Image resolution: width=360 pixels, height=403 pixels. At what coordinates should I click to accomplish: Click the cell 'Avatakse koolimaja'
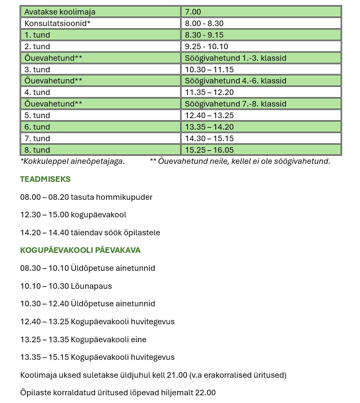[60, 12]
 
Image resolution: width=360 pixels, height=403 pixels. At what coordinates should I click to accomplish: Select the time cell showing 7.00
[193, 12]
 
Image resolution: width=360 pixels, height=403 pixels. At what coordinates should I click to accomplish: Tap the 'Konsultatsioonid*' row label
[57, 24]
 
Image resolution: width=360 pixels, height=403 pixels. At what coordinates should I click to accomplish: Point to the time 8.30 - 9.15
[204, 35]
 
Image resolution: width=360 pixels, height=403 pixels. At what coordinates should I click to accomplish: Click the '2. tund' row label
[37, 47]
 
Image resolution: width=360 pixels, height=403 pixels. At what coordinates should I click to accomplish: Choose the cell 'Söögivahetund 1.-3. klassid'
[235, 58]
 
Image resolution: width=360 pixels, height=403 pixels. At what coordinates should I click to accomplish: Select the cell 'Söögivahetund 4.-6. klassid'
[235, 81]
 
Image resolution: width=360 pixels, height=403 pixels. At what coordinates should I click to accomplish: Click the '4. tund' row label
[37, 92]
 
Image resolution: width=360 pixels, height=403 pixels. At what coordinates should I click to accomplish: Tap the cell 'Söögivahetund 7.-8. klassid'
[235, 104]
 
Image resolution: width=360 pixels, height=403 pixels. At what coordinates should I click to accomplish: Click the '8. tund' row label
[37, 150]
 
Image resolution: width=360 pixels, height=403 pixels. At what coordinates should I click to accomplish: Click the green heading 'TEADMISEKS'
[45, 179]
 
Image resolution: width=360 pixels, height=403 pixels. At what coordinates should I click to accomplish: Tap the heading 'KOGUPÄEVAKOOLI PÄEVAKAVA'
[80, 250]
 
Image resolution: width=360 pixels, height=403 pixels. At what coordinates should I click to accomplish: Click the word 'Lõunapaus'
[91, 286]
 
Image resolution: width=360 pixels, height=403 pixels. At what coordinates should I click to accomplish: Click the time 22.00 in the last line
[205, 393]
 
